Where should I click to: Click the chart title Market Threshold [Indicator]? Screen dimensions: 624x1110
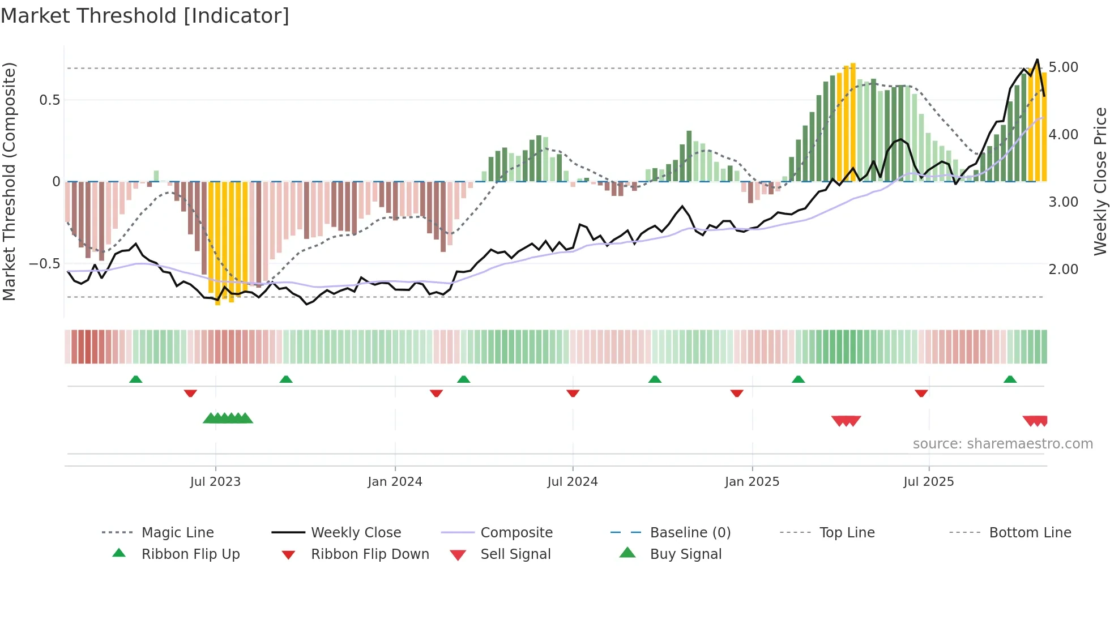145,16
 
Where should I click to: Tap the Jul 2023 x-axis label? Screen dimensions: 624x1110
215,482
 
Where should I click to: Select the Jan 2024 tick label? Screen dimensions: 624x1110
395,482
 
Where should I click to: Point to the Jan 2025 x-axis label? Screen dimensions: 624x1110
752,482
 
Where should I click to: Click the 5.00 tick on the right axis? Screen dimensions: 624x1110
1063,67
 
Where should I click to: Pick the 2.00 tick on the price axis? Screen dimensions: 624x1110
1063,270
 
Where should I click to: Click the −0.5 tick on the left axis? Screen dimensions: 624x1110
44,264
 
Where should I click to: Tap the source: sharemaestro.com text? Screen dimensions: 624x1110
1002,444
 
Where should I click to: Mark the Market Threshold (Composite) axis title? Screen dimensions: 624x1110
9,181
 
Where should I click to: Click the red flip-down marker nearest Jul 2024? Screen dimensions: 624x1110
573,393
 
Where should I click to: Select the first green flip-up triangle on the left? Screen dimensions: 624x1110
135,379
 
